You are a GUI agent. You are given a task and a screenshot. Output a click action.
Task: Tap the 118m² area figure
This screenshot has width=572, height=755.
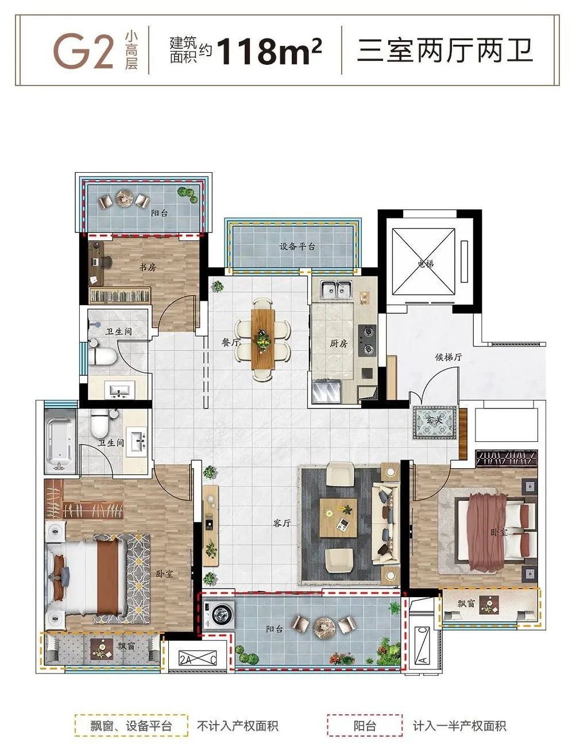click(x=269, y=51)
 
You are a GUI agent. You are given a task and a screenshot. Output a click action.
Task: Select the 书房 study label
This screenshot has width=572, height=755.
click(x=147, y=267)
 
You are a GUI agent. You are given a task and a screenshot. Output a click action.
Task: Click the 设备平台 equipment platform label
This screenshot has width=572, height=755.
click(x=297, y=246)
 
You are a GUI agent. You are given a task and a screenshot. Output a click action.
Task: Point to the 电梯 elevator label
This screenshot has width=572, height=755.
click(x=426, y=264)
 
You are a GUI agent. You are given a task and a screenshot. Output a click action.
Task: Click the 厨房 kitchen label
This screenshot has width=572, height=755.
click(x=339, y=343)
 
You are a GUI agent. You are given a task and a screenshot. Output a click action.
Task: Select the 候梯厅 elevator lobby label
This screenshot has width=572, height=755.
click(x=448, y=357)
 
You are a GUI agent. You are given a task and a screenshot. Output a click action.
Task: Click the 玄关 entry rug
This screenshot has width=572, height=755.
click(x=435, y=422)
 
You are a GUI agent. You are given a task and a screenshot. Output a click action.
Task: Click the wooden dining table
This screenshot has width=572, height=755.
click(x=263, y=339)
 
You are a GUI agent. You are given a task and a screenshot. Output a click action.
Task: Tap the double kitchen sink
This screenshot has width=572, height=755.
click(x=336, y=289)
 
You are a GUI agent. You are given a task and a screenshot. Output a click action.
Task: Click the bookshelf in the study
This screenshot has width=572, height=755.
click(x=120, y=296)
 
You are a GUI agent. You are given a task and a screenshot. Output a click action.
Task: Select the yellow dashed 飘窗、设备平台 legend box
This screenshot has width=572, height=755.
click(x=132, y=714)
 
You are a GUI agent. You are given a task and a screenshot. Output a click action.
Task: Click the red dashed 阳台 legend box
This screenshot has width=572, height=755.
click(x=365, y=714)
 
